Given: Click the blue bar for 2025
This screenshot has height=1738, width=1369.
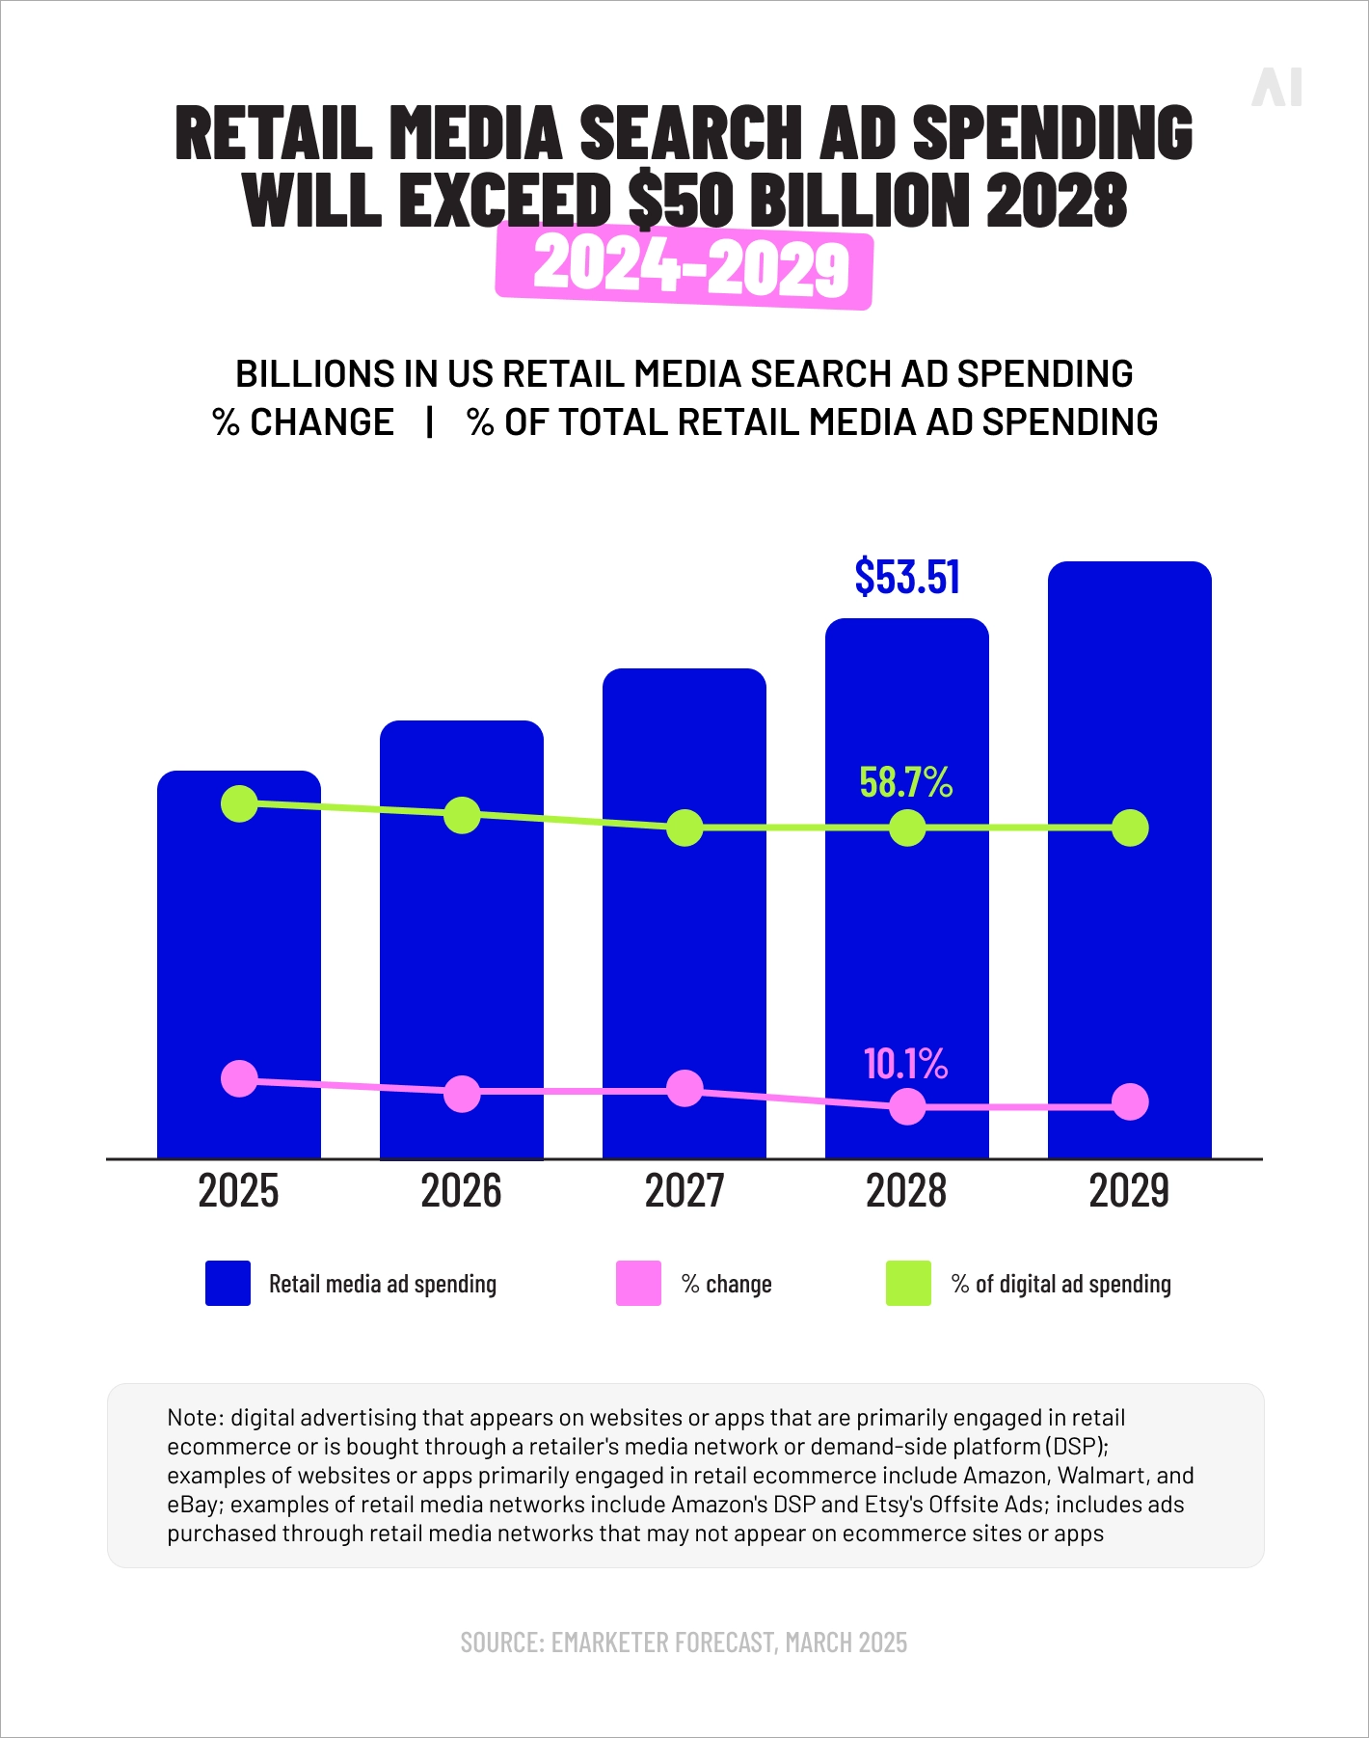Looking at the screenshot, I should click(x=239, y=945).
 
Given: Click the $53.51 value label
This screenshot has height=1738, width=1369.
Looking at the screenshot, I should click(x=907, y=577).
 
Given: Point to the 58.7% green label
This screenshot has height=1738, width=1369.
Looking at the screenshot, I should click(x=905, y=782).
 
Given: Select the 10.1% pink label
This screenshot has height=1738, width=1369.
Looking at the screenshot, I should click(x=905, y=1064).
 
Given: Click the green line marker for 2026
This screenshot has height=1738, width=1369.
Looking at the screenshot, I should click(x=462, y=816).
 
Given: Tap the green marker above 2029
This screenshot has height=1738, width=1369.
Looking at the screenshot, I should click(x=1130, y=828).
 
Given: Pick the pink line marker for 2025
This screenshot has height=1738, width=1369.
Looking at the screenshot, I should click(x=239, y=1079).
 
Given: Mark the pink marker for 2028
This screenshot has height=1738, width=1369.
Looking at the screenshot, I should click(x=907, y=1106).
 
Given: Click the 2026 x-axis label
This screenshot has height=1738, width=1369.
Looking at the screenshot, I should click(x=462, y=1191).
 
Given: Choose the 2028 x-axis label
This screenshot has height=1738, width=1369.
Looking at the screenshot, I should click(x=906, y=1191).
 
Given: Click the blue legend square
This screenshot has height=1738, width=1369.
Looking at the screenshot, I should click(x=228, y=1284).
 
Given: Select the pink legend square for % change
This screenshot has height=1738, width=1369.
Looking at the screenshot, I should click(x=638, y=1284).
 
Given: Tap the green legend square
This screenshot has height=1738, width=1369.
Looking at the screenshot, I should click(x=908, y=1284).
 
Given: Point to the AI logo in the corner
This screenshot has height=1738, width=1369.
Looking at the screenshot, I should click(x=1276, y=88).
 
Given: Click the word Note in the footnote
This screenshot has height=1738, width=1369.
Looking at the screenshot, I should click(x=195, y=1418).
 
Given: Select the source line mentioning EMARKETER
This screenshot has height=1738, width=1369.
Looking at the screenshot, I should click(x=684, y=1643).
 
